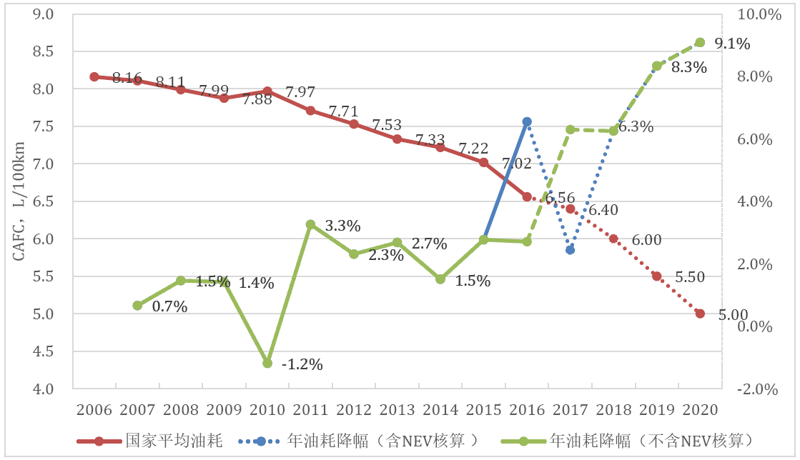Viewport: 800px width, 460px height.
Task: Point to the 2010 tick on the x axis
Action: tap(267, 410)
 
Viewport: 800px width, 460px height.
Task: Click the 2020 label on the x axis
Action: tap(700, 410)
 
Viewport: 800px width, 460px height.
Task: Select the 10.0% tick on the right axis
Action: tap(755, 14)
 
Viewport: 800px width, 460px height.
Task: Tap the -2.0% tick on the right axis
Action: tap(754, 389)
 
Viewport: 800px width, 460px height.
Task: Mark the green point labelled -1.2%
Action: tap(267, 363)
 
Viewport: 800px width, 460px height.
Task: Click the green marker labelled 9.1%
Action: tap(700, 42)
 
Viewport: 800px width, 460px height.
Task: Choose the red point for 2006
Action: tap(94, 76)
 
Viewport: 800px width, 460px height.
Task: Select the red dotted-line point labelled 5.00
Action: tap(700, 314)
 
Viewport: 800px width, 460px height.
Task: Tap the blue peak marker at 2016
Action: tap(527, 122)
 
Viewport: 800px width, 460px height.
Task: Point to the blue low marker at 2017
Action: tap(570, 250)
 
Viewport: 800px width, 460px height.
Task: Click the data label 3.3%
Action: tap(342, 226)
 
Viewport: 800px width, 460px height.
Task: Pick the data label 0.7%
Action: tap(169, 307)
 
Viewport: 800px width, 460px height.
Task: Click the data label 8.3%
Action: tap(689, 69)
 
